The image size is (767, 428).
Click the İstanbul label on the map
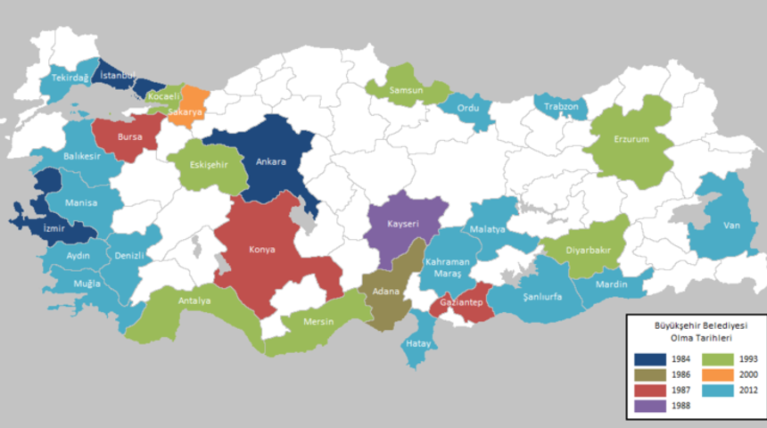point(118,76)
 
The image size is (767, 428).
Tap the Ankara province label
point(271,162)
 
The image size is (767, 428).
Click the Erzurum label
point(631,140)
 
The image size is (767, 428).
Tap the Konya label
point(262,250)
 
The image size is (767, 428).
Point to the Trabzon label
point(563,107)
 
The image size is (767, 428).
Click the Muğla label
point(87,284)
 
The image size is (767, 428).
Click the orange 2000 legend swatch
point(713,375)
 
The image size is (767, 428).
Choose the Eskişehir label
point(210,165)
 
